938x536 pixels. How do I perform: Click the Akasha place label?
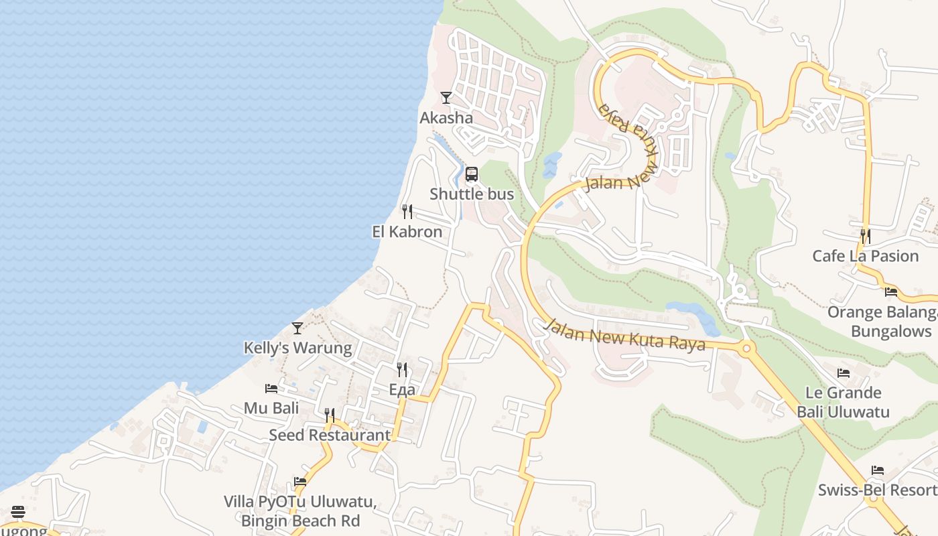(446, 118)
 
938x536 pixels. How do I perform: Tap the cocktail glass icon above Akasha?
(446, 98)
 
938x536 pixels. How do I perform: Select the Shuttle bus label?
(472, 194)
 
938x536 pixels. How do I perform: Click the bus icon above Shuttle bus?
(472, 175)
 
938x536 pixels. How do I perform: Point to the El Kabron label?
(407, 232)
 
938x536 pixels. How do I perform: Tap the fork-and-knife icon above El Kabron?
(407, 212)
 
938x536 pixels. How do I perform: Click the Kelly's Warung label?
(297, 348)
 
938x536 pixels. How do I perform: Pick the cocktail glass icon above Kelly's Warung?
(297, 328)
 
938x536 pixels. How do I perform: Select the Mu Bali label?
(271, 408)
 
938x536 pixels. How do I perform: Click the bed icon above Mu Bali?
(271, 389)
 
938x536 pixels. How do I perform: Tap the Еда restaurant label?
(402, 390)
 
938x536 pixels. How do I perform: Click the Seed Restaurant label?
(330, 435)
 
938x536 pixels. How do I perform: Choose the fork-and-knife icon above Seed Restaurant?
(330, 415)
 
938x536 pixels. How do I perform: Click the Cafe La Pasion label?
(866, 256)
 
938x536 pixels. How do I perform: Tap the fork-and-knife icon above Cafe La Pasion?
(866, 237)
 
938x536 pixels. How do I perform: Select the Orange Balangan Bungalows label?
(882, 322)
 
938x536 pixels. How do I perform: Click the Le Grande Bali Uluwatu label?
(843, 402)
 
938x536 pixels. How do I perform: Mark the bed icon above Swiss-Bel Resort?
(878, 470)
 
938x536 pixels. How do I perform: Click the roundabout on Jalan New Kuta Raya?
(746, 348)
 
